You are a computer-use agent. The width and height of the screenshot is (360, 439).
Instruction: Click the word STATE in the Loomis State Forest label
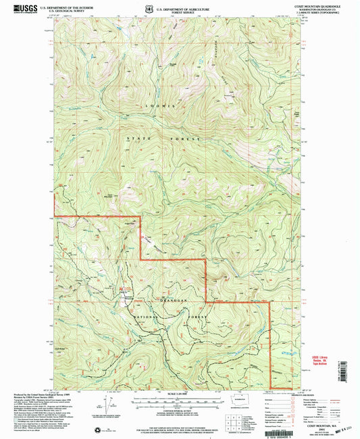point(139,138)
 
